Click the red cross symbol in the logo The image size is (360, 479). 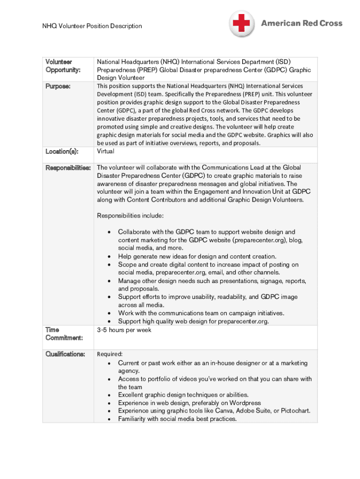[x=242, y=23]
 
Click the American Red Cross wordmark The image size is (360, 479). [x=302, y=23]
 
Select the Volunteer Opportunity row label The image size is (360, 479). [x=63, y=65]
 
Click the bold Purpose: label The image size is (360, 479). [x=58, y=87]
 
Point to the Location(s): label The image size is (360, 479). [x=62, y=152]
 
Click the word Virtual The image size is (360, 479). [x=106, y=152]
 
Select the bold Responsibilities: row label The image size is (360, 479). [x=68, y=167]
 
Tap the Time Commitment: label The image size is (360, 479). [x=64, y=334]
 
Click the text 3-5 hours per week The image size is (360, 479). [x=124, y=330]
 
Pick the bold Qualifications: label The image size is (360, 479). [x=65, y=354]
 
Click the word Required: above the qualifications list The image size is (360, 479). [x=109, y=354]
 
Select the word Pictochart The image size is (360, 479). [x=292, y=411]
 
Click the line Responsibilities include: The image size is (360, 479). [x=130, y=216]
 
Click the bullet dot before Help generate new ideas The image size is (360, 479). [x=109, y=257]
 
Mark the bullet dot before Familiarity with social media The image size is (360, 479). [x=109, y=419]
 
